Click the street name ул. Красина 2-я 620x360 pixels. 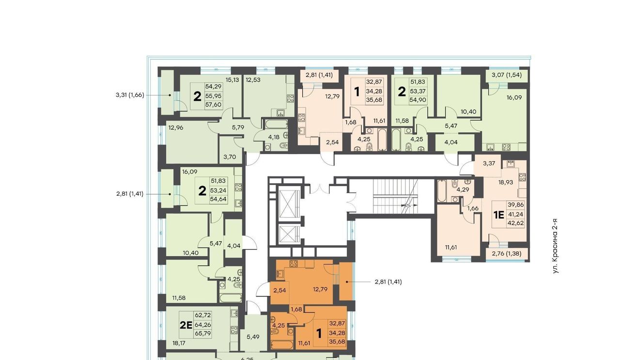[555, 246]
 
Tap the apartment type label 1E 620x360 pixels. [499, 215]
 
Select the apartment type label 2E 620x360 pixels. [186, 325]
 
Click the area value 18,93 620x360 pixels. [506, 182]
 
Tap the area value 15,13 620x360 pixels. [232, 80]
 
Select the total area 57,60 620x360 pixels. [214, 105]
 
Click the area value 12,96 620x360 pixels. [176, 127]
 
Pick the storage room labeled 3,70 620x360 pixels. [230, 157]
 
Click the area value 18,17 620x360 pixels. [179, 343]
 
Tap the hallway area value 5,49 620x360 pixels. [253, 337]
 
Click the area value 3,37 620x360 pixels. [489, 163]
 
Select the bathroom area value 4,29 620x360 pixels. [463, 190]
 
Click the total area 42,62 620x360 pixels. [516, 223]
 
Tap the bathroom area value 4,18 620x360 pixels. [274, 137]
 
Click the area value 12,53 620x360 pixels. [253, 80]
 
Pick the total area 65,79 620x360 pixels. [203, 333]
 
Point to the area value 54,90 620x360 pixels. [418, 100]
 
